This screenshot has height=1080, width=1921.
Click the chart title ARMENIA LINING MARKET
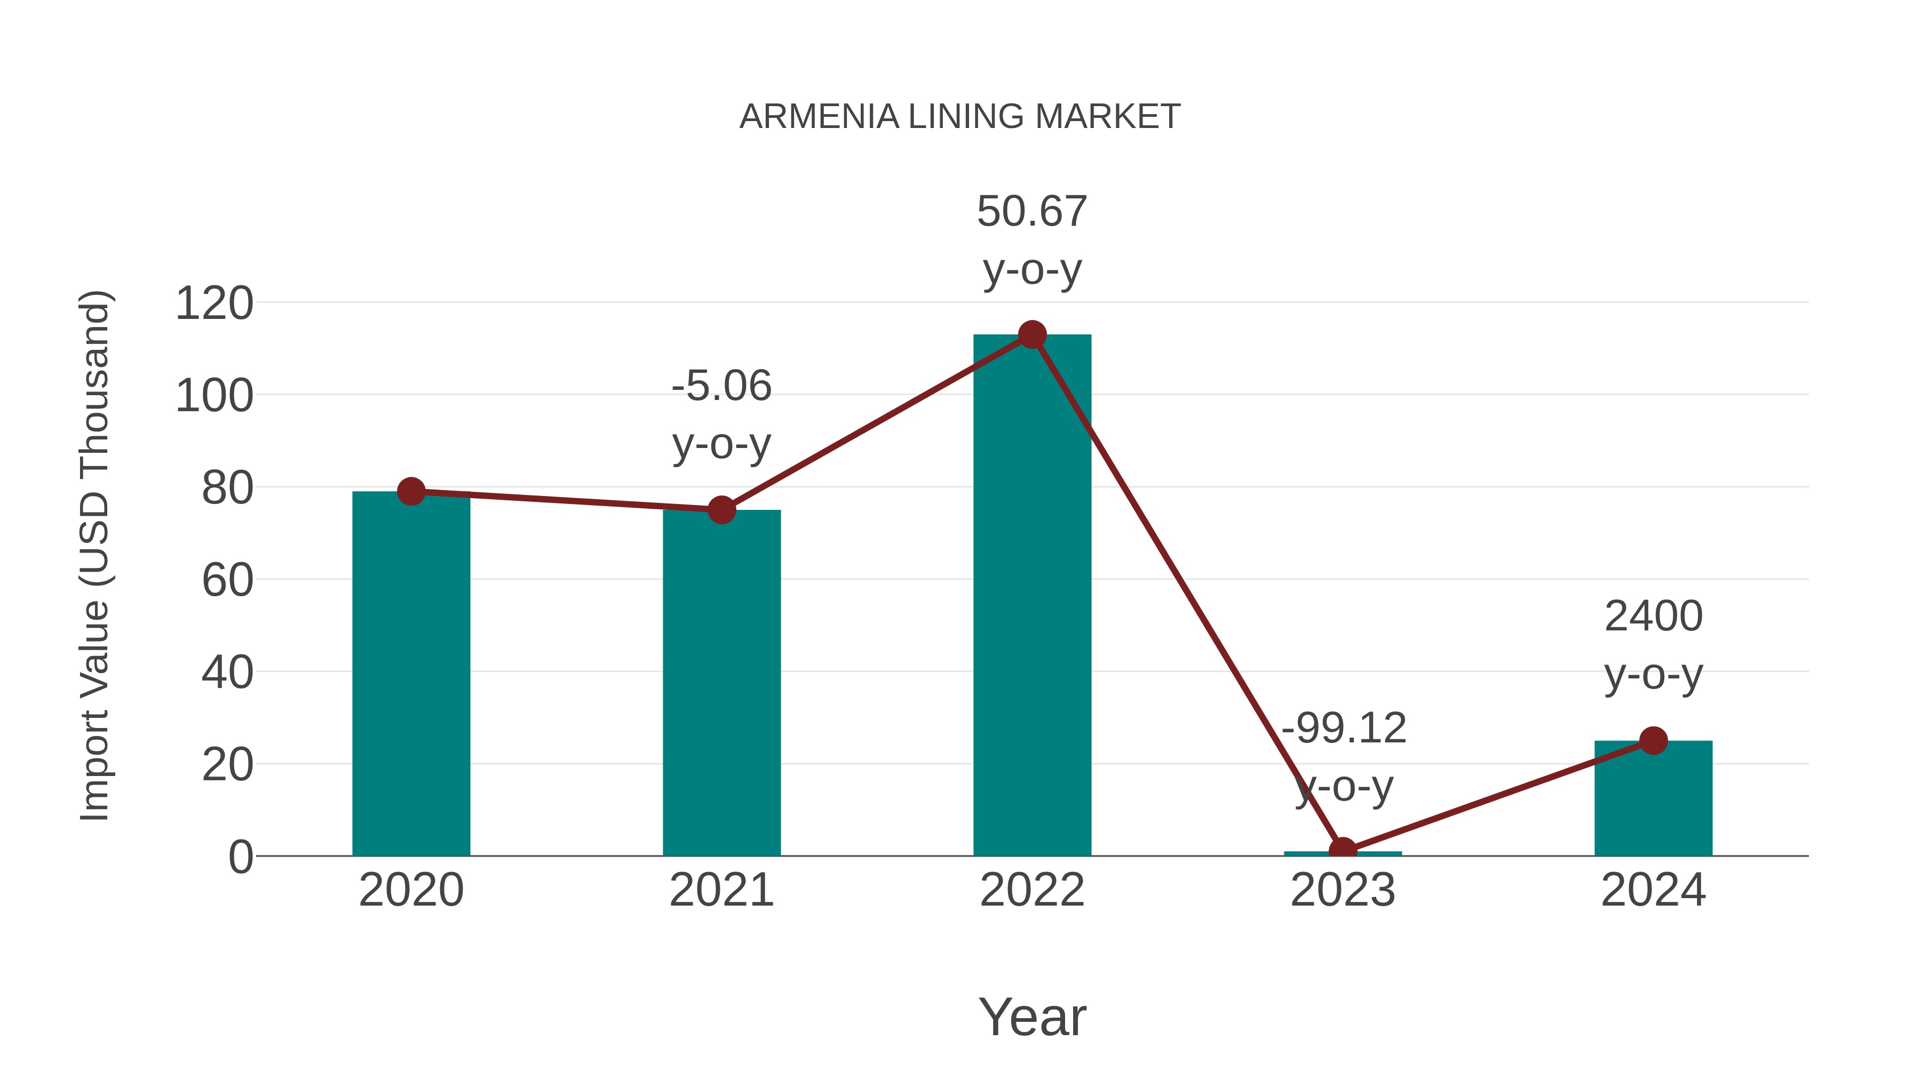coord(960,117)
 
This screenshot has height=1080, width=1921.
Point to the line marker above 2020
coord(411,491)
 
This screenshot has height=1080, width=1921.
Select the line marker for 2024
coord(1653,741)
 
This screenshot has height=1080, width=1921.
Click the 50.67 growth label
coord(1032,212)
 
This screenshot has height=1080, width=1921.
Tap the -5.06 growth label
coord(721,387)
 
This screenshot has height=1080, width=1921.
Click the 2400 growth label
coord(1653,617)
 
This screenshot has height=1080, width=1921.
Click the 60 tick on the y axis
coord(227,581)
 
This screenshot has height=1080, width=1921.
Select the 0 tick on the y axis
coord(241,857)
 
